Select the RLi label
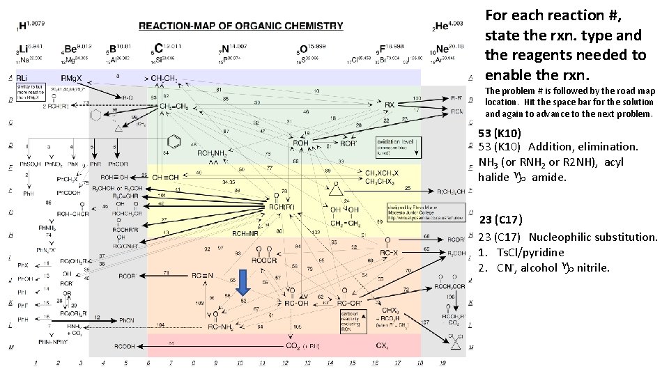24,77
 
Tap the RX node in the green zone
390,105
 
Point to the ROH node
300,143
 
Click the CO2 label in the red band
302,345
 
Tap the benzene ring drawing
176,142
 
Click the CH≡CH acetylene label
166,177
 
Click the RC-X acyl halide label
387,252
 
